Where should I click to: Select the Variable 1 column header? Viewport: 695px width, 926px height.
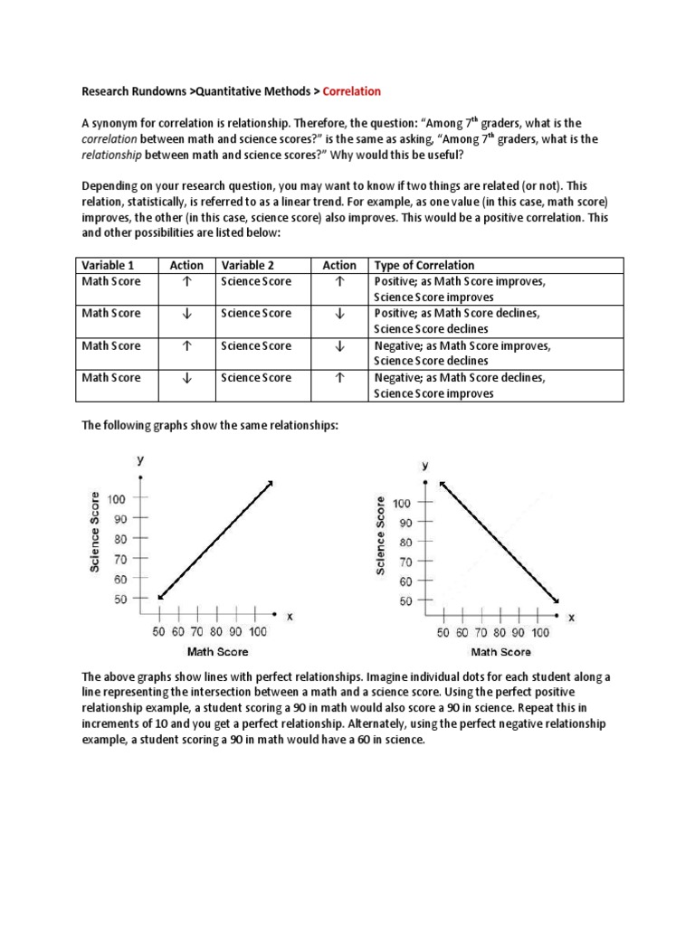(x=108, y=265)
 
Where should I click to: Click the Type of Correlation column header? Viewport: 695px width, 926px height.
(x=424, y=265)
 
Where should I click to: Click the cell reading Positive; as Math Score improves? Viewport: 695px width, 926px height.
(x=460, y=281)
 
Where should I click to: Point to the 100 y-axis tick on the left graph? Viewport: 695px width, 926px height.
(x=118, y=499)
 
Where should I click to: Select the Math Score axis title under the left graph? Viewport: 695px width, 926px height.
(x=217, y=651)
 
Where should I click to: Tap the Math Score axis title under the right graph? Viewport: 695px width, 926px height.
(x=500, y=652)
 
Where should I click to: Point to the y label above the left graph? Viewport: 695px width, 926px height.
(x=140, y=459)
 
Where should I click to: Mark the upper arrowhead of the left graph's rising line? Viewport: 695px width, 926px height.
(x=271, y=483)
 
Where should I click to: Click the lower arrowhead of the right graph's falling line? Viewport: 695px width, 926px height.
(x=555, y=600)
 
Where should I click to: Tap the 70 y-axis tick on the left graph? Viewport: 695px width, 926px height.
(x=119, y=559)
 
